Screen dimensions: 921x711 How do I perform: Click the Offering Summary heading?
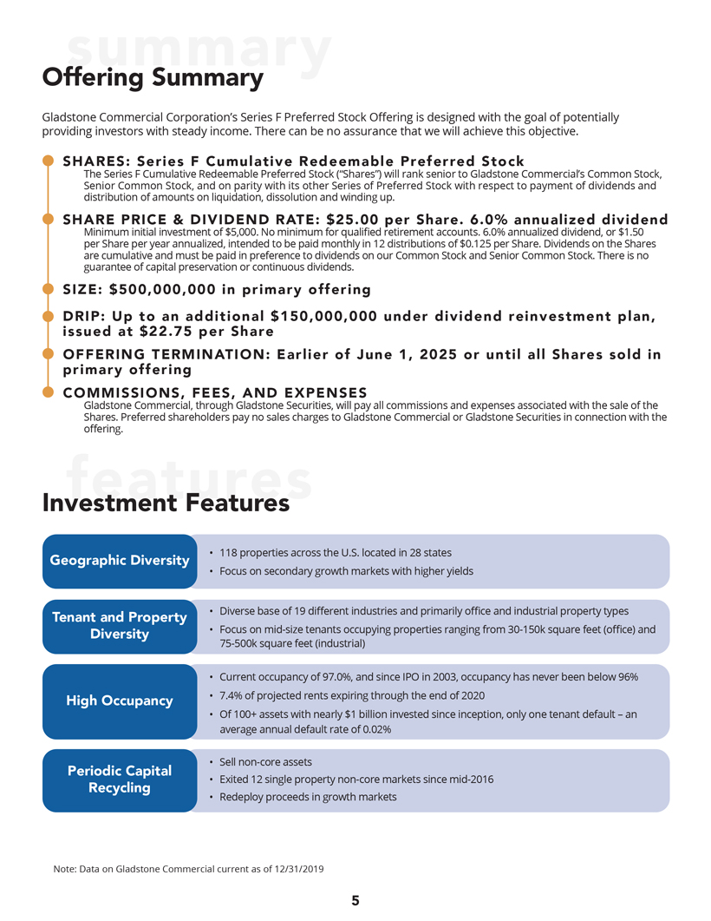click(x=153, y=78)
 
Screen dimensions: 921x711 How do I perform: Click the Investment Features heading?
click(x=166, y=503)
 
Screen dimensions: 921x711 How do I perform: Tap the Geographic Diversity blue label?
click(x=120, y=560)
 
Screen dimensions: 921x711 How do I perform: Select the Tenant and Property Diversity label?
click(x=120, y=625)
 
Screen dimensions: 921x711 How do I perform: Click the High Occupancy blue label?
click(x=120, y=701)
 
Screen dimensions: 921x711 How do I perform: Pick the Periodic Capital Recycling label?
click(x=120, y=779)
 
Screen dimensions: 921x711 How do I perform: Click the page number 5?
click(x=355, y=900)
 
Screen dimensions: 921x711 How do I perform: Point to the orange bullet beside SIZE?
click(x=48, y=289)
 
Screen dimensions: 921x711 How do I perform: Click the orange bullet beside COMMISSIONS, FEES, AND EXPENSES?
click(x=48, y=393)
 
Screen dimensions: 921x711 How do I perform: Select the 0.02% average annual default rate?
click(x=375, y=730)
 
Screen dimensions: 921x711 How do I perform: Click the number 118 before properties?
click(x=229, y=553)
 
